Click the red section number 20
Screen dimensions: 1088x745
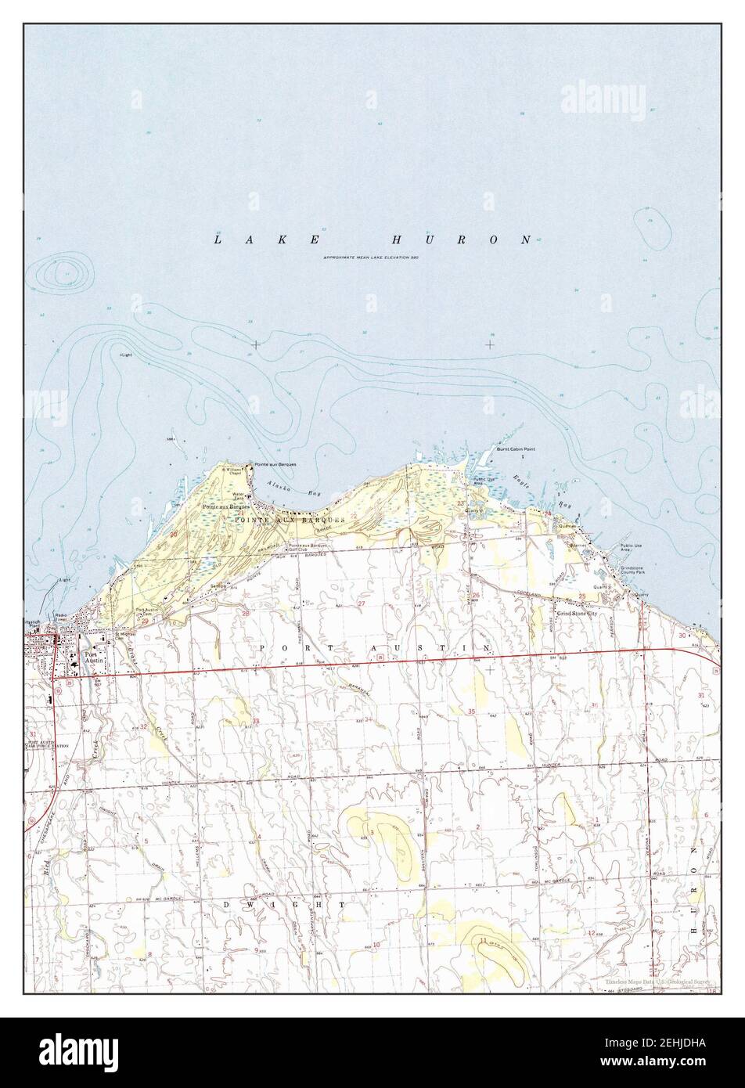pyautogui.click(x=173, y=533)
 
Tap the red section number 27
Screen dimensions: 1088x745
pyautogui.click(x=362, y=604)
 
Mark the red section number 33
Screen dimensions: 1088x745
pyautogui.click(x=256, y=720)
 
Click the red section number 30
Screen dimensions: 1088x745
pyautogui.click(x=682, y=636)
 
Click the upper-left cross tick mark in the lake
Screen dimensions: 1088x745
pyautogui.click(x=256, y=344)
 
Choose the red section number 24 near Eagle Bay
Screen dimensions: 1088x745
pyautogui.click(x=549, y=514)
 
